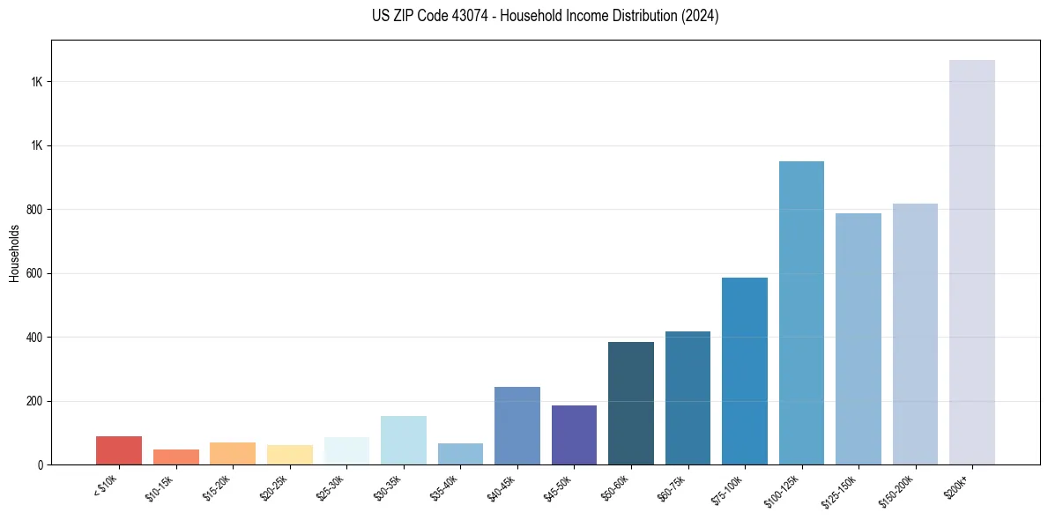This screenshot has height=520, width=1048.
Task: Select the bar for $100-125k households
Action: pos(801,313)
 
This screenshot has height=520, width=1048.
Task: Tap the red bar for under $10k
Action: pos(119,450)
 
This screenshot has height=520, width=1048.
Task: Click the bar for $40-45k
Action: pos(517,426)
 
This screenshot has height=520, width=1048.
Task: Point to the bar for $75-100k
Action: pos(745,371)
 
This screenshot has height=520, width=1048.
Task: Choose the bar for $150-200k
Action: pos(915,334)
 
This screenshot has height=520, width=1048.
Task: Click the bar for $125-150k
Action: pos(858,339)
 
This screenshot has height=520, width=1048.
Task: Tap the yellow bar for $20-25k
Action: pos(290,455)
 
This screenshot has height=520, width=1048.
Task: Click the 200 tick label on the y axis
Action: pos(34,401)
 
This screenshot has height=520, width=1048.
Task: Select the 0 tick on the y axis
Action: pos(41,464)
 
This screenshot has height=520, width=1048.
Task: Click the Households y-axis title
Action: pos(14,253)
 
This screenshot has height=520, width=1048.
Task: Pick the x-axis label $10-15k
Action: pos(160,489)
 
